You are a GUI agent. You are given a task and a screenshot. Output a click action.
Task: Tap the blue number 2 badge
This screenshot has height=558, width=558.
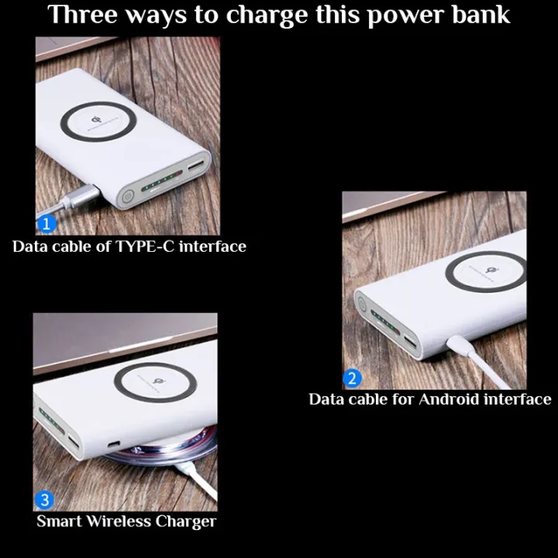(x=353, y=379)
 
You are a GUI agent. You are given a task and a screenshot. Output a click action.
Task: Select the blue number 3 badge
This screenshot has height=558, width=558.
(x=44, y=500)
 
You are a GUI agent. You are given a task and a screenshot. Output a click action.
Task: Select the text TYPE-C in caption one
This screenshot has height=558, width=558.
(x=145, y=247)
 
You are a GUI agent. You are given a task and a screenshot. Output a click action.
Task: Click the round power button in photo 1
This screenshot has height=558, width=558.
(x=126, y=197)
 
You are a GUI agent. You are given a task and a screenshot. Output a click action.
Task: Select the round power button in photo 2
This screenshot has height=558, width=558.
(x=360, y=306)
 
